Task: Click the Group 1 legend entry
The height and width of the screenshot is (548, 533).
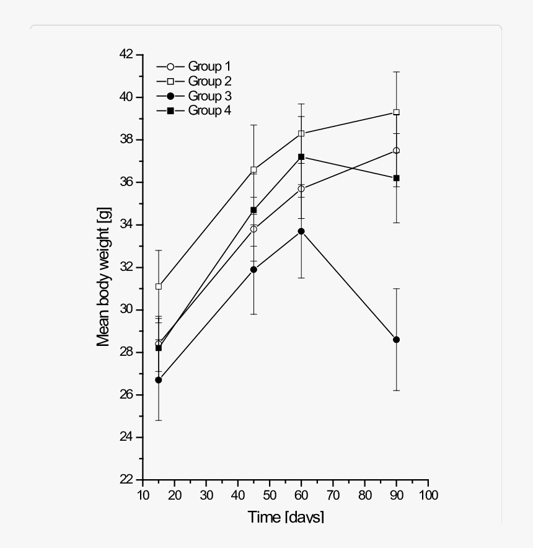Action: coord(193,66)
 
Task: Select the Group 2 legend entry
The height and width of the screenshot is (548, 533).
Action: coord(193,81)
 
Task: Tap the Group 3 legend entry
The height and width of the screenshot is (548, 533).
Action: coord(193,96)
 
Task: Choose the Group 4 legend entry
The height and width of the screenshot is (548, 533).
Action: coord(193,111)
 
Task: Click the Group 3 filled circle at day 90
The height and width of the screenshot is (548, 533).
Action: coord(397,340)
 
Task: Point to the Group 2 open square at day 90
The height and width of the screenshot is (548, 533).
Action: coord(397,112)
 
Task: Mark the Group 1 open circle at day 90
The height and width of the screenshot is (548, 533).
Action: coord(397,151)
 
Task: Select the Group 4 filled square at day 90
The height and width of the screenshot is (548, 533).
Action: coord(397,178)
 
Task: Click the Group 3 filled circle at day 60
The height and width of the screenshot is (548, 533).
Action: coord(301,231)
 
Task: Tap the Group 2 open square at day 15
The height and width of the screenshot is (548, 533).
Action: coord(159,286)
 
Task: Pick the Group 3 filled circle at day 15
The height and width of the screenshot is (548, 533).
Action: coord(159,380)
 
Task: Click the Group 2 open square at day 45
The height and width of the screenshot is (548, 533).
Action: coord(253,170)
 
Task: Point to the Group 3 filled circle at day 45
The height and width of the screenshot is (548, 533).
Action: coord(253,270)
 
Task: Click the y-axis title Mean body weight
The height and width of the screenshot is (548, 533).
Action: coord(104,267)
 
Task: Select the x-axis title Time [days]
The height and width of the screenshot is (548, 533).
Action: coord(286,516)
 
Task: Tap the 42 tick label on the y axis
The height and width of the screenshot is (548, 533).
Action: coord(126,55)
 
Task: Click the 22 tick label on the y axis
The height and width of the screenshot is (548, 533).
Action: coord(126,480)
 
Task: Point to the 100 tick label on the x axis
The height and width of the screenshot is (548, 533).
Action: coord(428,495)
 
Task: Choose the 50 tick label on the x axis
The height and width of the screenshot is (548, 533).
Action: coord(270,495)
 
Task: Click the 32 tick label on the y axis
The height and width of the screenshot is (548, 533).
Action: coord(126,267)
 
